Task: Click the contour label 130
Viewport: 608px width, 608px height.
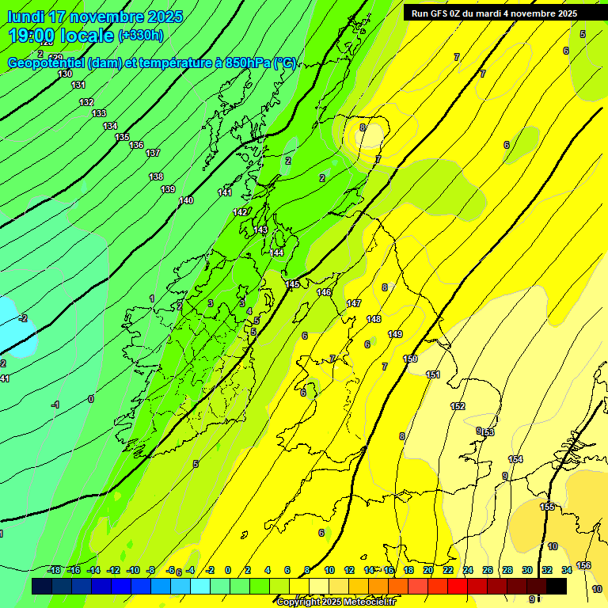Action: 65,74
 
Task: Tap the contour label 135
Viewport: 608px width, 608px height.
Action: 122,138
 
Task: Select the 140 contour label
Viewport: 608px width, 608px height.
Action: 186,200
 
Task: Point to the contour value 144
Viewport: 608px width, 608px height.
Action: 276,253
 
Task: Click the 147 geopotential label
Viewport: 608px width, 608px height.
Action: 354,304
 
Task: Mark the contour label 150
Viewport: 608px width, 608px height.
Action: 410,359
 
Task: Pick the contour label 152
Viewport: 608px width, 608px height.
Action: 458,406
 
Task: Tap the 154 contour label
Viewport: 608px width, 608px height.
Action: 515,459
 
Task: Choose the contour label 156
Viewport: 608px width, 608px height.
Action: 583,565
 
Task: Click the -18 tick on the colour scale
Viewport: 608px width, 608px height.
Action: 55,570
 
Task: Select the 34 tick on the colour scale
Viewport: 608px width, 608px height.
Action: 567,570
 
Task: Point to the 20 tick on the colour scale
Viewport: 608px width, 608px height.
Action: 428,570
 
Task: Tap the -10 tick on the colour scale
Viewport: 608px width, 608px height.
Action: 133,570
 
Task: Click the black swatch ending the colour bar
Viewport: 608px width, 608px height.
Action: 557,586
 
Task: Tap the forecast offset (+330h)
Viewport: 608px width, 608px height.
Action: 141,36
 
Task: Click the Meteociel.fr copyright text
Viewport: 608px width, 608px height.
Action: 336,602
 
